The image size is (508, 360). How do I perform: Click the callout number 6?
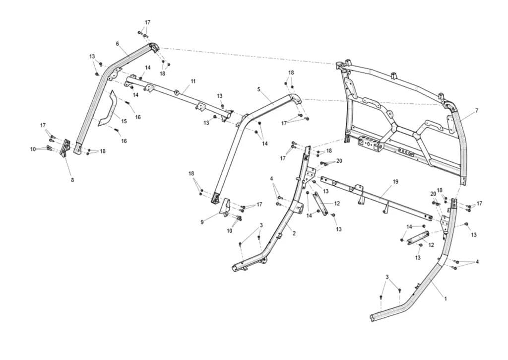(x=117, y=44)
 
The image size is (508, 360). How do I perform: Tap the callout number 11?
(x=193, y=81)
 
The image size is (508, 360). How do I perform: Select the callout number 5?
(x=258, y=89)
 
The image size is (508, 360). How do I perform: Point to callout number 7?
(x=477, y=111)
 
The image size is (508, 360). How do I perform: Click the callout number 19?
(x=395, y=182)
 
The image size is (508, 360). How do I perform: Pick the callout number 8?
(x=72, y=180)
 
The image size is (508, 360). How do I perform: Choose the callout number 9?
(x=202, y=222)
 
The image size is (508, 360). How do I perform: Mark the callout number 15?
(x=124, y=121)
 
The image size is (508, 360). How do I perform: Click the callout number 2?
(x=294, y=233)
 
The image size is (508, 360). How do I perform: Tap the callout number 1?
(x=445, y=298)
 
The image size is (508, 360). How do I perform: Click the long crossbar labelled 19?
(x=376, y=198)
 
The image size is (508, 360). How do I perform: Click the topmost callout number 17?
(x=147, y=22)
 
